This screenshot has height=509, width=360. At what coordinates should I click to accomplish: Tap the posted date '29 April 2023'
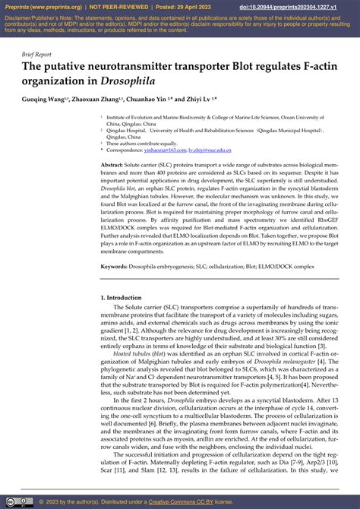(x=201, y=7)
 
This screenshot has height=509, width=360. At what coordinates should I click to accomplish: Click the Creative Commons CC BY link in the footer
(x=184, y=501)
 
